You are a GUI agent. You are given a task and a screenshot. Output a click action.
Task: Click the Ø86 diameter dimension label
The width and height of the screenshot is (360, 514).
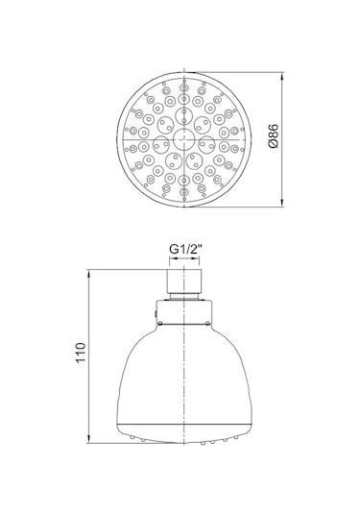pyautogui.click(x=274, y=135)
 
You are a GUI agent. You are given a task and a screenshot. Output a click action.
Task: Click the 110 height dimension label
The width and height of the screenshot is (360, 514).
pyautogui.click(x=81, y=353)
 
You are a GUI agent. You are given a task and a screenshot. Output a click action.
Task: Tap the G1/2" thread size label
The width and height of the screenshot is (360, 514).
pyautogui.click(x=184, y=250)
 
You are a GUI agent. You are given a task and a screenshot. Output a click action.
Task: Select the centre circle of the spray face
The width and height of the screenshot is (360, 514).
pyautogui.click(x=184, y=139)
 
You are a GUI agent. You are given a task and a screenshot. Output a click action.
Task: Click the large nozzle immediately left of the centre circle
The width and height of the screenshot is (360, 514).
pyautogui.click(x=161, y=143)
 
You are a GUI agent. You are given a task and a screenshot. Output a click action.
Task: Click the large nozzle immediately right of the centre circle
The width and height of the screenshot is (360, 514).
pyautogui.click(x=207, y=143)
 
